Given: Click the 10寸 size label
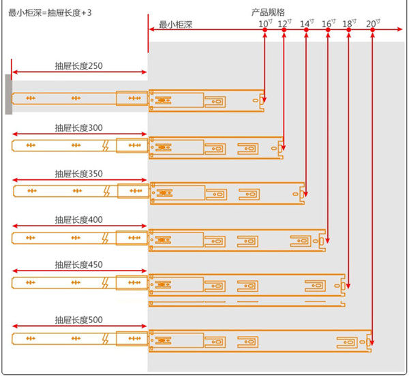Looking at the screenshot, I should [264, 24].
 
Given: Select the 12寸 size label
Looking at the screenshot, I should [284, 24].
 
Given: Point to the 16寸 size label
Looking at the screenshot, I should [328, 24].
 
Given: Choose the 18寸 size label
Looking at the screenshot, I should [349, 24].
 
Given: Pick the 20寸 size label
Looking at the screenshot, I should [373, 24].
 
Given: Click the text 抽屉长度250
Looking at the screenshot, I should [78, 67].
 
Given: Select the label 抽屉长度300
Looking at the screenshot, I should [78, 127].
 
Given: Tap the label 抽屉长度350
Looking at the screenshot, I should [78, 174].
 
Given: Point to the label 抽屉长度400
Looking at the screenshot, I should [78, 220].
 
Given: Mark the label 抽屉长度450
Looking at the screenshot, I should [78, 264].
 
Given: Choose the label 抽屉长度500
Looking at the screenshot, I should [78, 320].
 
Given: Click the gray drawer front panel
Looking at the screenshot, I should [7, 95].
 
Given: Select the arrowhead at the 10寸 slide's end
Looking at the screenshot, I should [264, 104].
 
